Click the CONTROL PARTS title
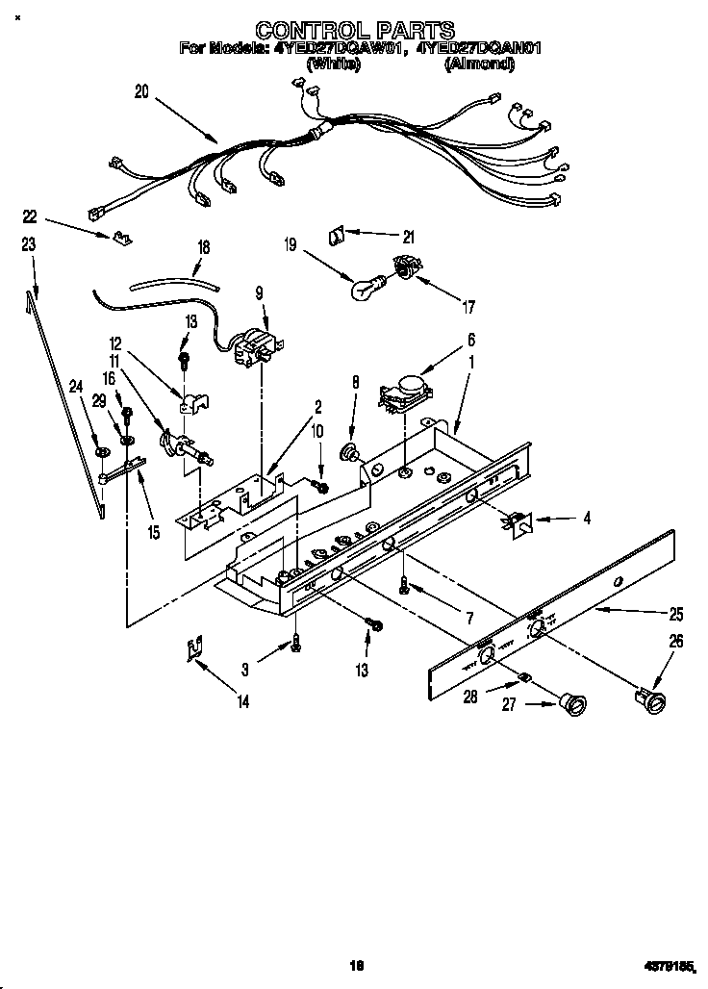tap(355, 31)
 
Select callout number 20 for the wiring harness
tap(142, 92)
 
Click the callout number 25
tap(676, 614)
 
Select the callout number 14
tap(242, 702)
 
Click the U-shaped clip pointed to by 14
tap(195, 651)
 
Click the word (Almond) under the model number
tap(478, 64)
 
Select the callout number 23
tap(29, 245)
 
